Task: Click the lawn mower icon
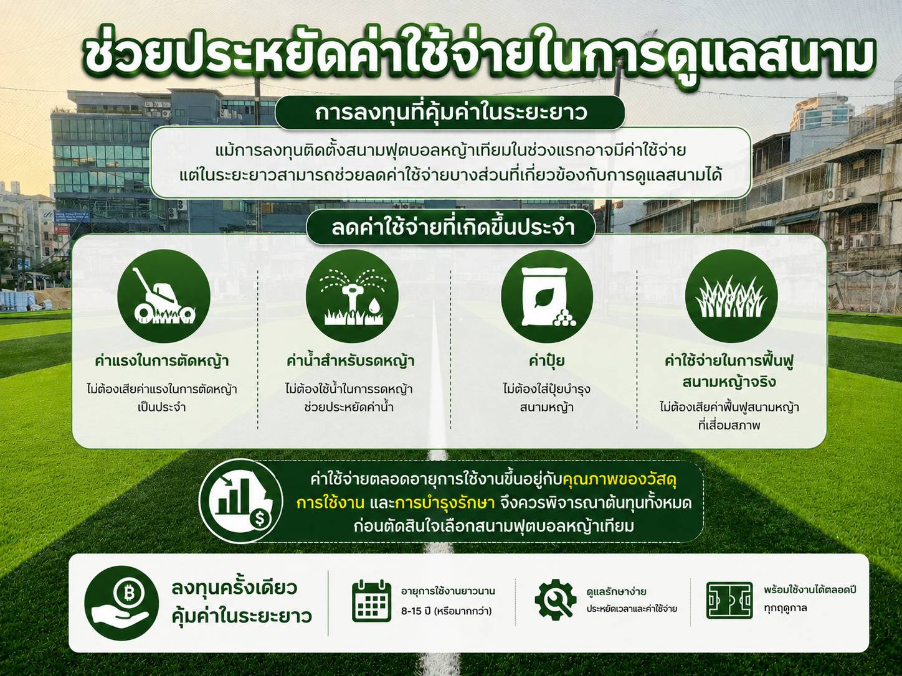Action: (x=164, y=296)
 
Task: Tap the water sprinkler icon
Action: (x=352, y=296)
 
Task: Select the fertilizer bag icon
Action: (x=547, y=296)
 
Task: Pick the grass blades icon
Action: (x=732, y=296)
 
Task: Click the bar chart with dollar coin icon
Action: (x=241, y=500)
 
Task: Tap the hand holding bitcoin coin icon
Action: (x=121, y=603)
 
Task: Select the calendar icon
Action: (x=371, y=601)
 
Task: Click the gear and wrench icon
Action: (x=556, y=598)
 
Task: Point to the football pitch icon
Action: (x=729, y=600)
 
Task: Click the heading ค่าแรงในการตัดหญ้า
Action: (x=161, y=361)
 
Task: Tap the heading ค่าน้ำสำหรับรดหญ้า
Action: (x=351, y=361)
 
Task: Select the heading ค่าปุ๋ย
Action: (x=546, y=361)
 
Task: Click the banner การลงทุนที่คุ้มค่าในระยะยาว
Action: (x=450, y=113)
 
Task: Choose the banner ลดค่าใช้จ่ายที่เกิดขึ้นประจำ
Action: (x=451, y=227)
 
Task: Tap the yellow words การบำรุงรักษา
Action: (x=445, y=503)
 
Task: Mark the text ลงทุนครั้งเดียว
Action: (x=234, y=588)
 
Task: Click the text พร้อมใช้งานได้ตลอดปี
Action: (x=810, y=590)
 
